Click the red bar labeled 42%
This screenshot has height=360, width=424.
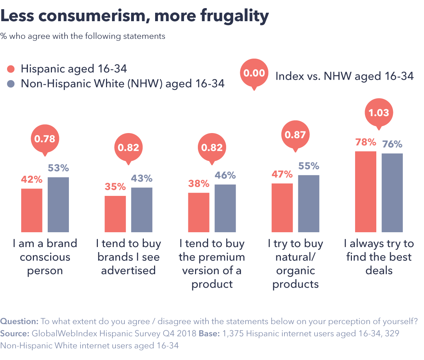[x=32, y=210]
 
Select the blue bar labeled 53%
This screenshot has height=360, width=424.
[x=58, y=205]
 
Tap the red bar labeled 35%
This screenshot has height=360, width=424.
[x=115, y=214]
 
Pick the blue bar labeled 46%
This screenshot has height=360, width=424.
[x=225, y=208]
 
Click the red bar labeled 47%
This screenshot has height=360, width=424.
[x=282, y=208]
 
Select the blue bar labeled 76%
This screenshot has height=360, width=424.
[x=392, y=193]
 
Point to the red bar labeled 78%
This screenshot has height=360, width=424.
[x=366, y=192]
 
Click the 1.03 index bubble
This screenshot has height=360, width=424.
[x=379, y=113]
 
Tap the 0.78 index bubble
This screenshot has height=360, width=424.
[x=45, y=139]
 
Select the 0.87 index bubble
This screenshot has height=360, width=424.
[x=295, y=134]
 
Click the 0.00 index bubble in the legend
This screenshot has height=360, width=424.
[x=254, y=73]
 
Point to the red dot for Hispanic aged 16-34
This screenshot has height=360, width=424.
[x=11, y=69]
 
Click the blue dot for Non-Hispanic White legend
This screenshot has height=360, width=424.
[x=11, y=84]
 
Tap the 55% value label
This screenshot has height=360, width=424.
[x=308, y=166]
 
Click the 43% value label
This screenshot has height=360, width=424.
[x=142, y=179]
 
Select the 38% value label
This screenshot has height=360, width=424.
[x=199, y=184]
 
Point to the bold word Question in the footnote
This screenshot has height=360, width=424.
[x=19, y=322]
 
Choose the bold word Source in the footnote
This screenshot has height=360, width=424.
[x=15, y=334]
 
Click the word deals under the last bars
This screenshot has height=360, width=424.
[x=379, y=271]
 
